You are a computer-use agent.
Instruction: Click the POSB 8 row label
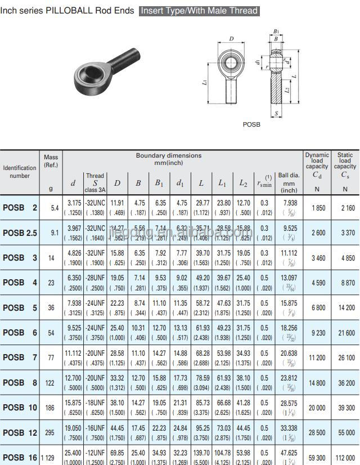20,382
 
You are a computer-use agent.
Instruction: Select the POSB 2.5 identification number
20,232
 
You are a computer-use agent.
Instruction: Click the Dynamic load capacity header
317,160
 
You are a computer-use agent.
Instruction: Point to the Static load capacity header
345,160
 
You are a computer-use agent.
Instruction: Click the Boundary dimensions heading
168,159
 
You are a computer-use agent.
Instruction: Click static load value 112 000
345,458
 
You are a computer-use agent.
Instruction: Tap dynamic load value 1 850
317,208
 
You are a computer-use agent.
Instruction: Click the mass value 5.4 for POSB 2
55,208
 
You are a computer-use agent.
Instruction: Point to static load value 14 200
345,308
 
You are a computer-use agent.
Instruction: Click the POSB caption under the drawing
251,124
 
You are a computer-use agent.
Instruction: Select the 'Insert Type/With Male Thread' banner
199,11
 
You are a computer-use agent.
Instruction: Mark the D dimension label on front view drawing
232,39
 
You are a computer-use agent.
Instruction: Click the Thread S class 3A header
94,182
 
